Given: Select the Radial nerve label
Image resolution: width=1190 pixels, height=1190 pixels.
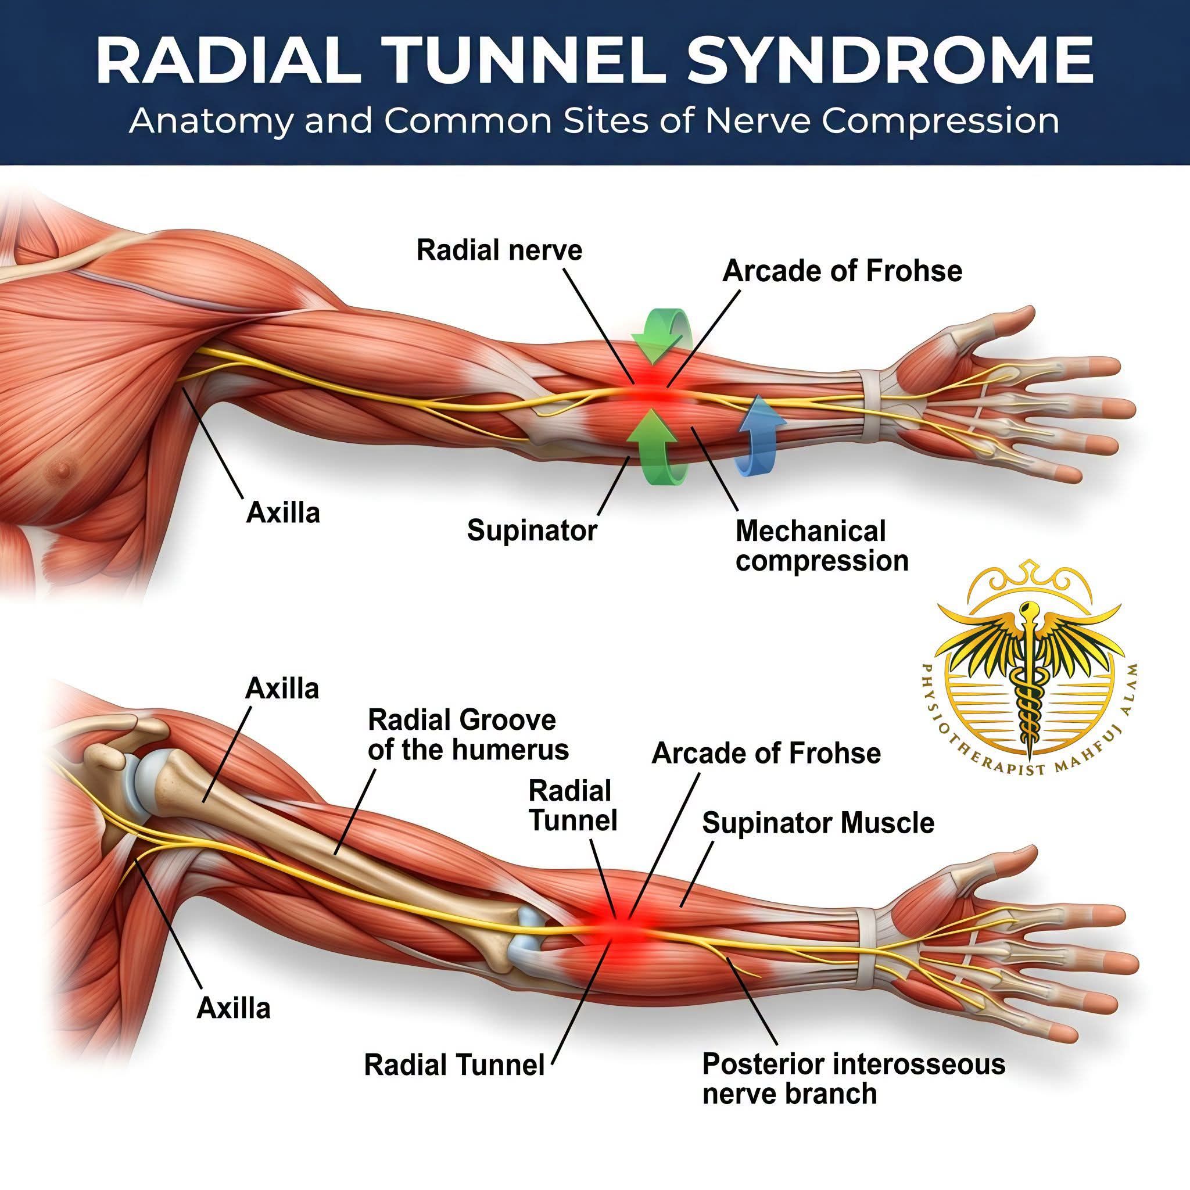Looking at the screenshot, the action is point(499,250).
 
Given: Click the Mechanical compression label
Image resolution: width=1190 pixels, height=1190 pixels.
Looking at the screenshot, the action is point(822,546).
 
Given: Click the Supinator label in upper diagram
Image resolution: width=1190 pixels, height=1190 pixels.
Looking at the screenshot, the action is point(532,530).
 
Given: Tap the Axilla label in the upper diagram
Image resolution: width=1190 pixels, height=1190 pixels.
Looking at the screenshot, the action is point(283,512).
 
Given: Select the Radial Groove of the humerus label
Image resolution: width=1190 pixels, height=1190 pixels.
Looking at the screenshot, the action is point(468,735).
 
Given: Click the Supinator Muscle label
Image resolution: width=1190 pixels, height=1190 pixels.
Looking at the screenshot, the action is point(818,823).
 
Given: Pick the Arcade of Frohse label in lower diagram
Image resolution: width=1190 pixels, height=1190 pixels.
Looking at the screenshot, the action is point(766,752).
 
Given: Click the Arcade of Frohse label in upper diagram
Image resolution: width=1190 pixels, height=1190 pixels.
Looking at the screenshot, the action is point(842,271).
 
